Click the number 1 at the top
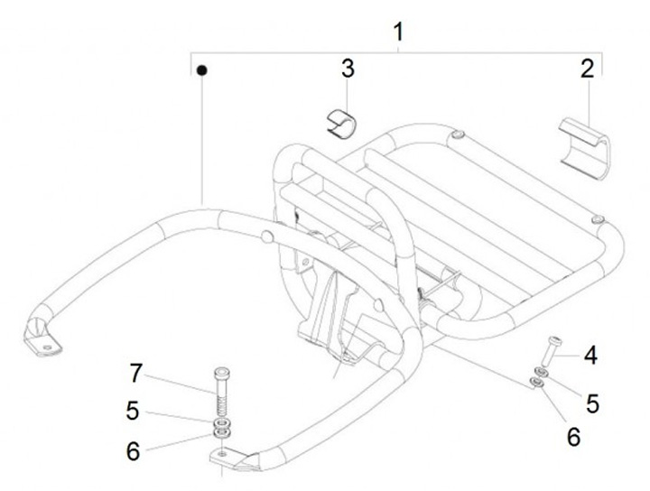(x=398, y=32)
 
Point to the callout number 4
(x=590, y=356)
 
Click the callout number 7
(x=136, y=372)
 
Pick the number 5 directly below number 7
(x=133, y=411)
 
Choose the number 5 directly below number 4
(x=592, y=403)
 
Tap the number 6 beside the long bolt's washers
(x=133, y=450)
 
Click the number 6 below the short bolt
(x=572, y=436)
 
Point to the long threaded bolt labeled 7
(x=222, y=389)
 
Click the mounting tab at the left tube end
(x=41, y=339)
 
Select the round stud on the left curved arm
(x=267, y=236)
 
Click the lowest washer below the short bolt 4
(x=535, y=384)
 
